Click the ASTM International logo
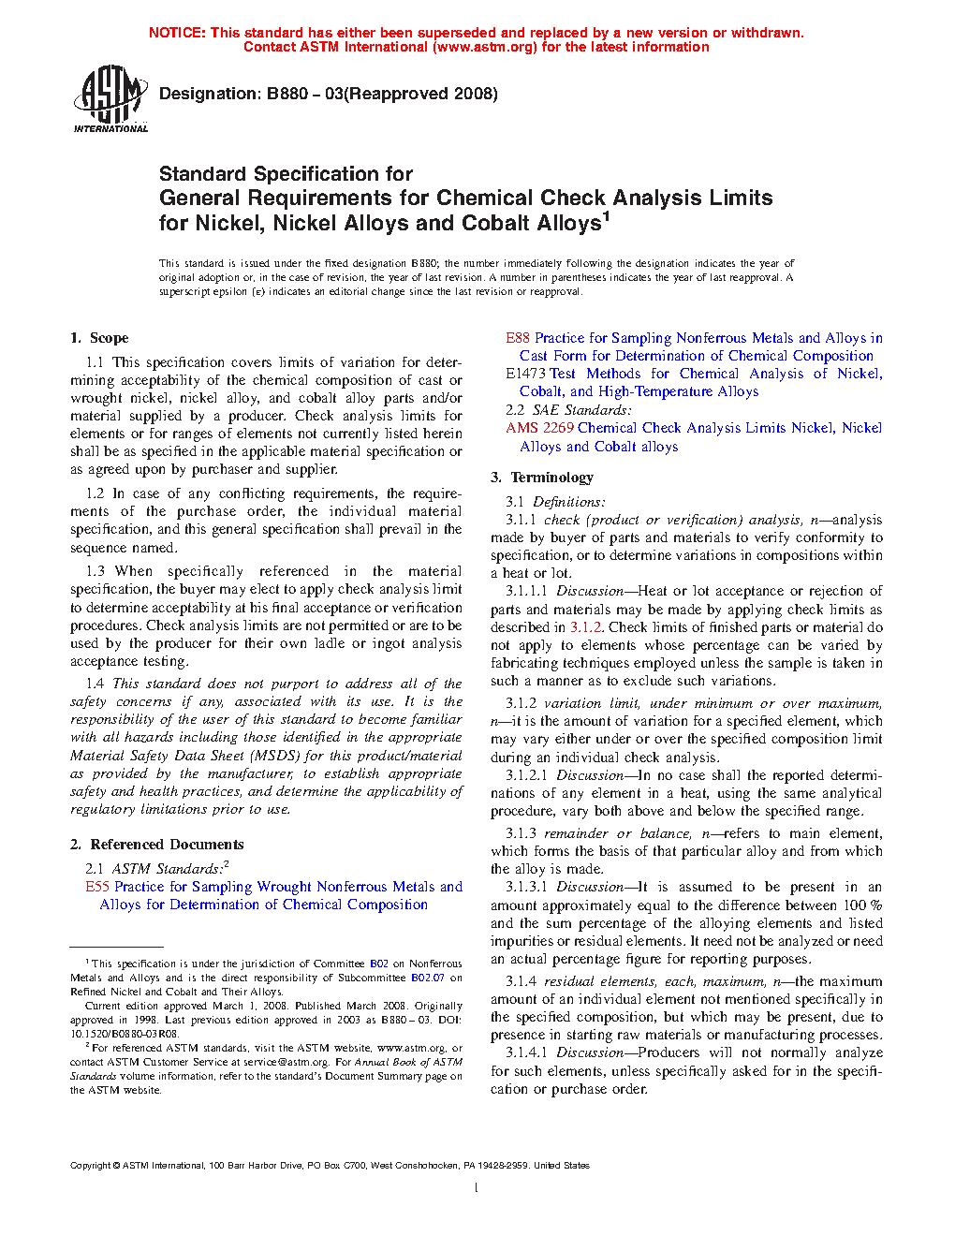tap(110, 97)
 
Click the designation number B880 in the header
tap(287, 94)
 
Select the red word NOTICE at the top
tap(177, 33)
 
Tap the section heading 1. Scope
tap(99, 338)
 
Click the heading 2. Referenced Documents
tap(156, 845)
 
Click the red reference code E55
tap(97, 887)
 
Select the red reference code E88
tap(518, 338)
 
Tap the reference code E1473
tap(525, 374)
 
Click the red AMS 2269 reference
tap(539, 428)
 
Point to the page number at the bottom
tap(477, 1188)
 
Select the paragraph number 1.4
tap(95, 684)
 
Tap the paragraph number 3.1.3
tap(521, 833)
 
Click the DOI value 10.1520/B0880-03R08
tap(124, 1034)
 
